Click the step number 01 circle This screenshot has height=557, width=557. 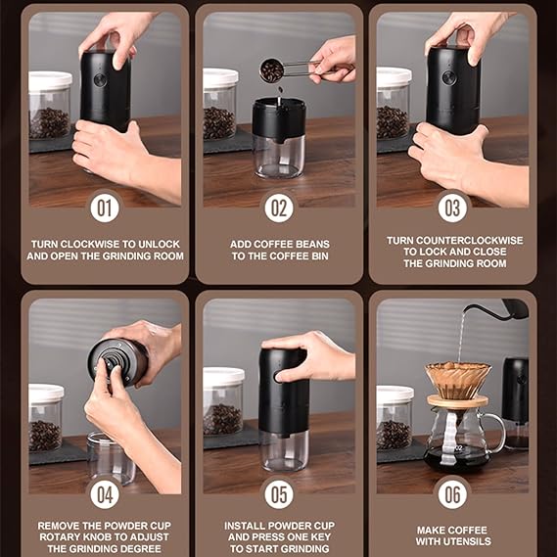(x=105, y=209)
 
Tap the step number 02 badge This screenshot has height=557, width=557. (x=279, y=209)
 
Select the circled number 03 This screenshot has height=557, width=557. (x=452, y=209)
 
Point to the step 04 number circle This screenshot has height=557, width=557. (x=105, y=494)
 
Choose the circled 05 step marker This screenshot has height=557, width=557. (x=279, y=494)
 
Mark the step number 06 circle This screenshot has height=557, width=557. (x=452, y=494)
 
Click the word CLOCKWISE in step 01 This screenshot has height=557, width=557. (x=90, y=244)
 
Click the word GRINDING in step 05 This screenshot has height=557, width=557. (x=307, y=548)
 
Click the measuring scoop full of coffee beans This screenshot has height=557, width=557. (x=272, y=70)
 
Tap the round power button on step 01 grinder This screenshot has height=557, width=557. (x=100, y=80)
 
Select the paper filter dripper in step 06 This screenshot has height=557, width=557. (x=458, y=380)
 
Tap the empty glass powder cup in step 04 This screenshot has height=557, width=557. (x=112, y=458)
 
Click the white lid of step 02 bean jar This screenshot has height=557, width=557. (x=220, y=77)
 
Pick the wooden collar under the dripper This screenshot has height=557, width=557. (x=457, y=401)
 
